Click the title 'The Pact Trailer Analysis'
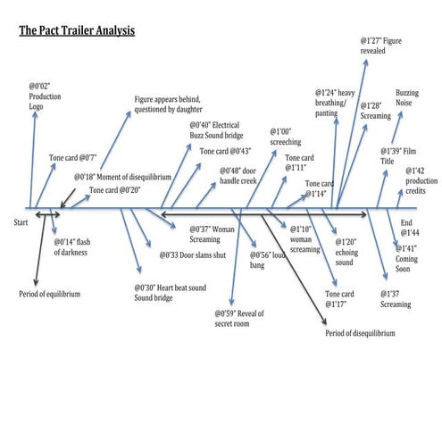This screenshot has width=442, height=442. (x=76, y=31)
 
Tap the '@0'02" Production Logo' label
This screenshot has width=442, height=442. (x=45, y=96)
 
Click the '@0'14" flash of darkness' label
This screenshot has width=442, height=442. (x=71, y=247)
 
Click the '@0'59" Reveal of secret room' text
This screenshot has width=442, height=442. (x=241, y=318)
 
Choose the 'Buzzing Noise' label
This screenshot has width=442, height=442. (x=408, y=97)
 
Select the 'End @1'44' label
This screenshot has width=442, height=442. (x=407, y=227)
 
